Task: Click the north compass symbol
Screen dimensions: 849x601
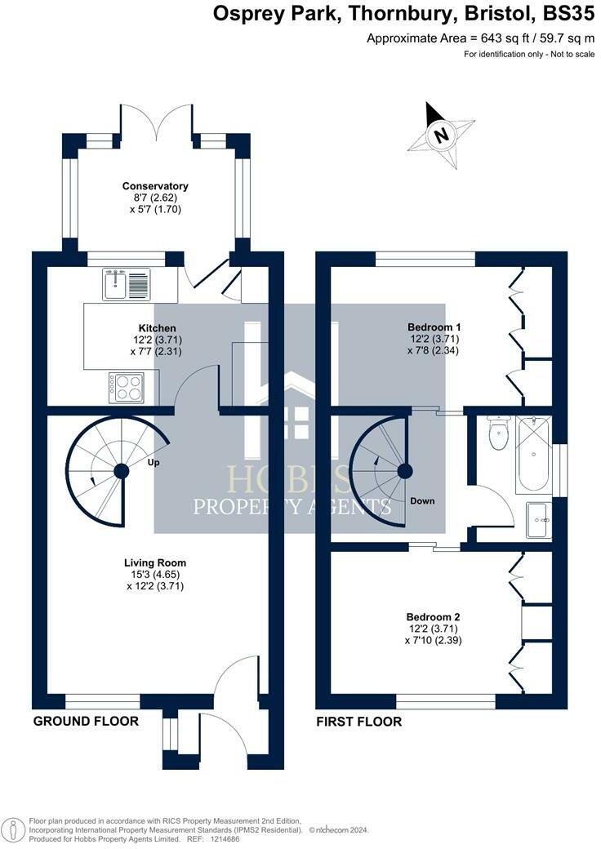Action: click(442, 135)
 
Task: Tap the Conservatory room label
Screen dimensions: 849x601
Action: click(155, 186)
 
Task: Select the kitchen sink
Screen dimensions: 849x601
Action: click(127, 284)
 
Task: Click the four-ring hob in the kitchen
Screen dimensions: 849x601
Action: click(127, 386)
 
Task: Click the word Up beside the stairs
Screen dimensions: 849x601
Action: click(153, 462)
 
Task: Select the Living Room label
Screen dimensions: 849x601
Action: click(155, 562)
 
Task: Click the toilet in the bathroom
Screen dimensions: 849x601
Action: click(496, 433)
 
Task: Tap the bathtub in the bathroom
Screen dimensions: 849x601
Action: click(534, 453)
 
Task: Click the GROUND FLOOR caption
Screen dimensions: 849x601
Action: click(86, 721)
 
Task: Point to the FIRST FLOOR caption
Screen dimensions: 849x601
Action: click(359, 722)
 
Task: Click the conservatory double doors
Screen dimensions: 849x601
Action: click(156, 121)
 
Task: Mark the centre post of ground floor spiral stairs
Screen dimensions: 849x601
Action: click(122, 470)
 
